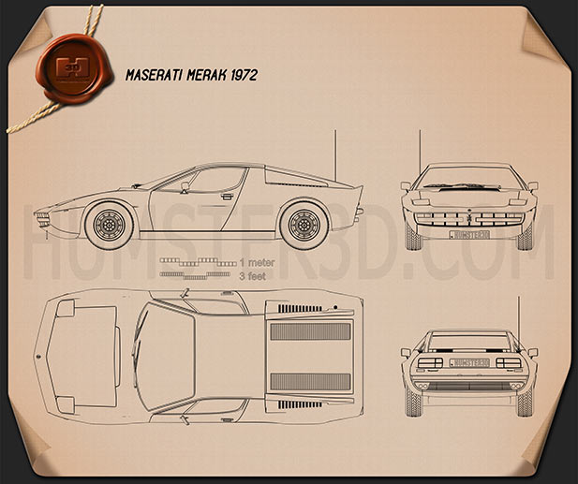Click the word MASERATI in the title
coord(154,75)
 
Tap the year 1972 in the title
coord(244,75)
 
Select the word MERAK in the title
coord(207,75)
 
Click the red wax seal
coord(74,68)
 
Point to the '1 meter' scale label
coord(257,263)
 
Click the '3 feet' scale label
coord(253,276)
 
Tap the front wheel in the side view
coord(109,225)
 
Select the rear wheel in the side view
coord(304,225)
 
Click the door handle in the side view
coord(228,196)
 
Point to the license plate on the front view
coord(469,235)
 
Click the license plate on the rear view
coord(469,363)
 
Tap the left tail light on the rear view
coord(430,363)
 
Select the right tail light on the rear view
coord(509,363)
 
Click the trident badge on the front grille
coord(469,218)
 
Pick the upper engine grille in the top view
coord(310,331)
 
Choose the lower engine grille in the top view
coord(310,382)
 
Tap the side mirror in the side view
coord(185,185)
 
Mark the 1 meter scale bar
coord(198,262)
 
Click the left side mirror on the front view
coord(406,186)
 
